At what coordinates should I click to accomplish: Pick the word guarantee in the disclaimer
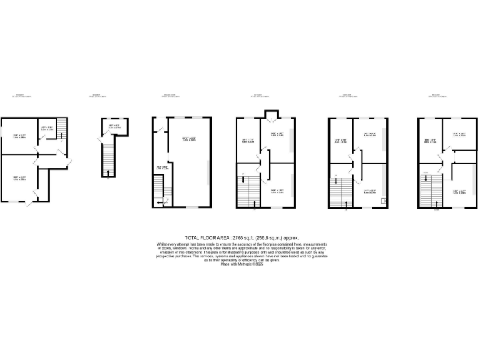point(316,257)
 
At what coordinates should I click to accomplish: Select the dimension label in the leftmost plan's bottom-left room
point(19,178)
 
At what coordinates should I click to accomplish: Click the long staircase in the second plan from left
point(106,159)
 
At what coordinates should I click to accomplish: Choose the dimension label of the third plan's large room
point(189,139)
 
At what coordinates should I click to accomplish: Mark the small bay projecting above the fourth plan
point(270,114)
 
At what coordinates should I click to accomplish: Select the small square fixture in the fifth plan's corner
point(382,201)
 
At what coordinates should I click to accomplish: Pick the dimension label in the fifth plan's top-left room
point(340,141)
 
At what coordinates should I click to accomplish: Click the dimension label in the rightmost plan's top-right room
point(459,134)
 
